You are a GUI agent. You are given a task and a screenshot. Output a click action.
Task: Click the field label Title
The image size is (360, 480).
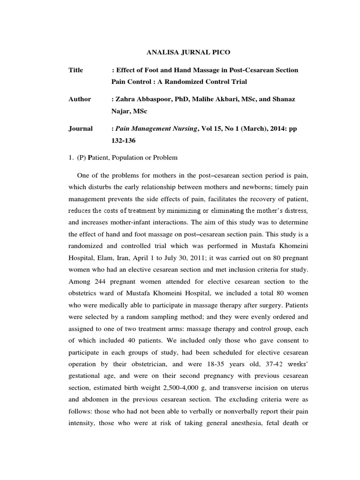tap(75, 70)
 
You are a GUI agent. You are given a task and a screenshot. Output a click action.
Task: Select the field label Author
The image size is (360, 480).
tap(79, 99)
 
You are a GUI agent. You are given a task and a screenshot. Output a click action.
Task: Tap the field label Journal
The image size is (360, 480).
tap(80, 128)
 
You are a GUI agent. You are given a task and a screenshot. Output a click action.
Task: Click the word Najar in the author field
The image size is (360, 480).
tap(120, 111)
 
